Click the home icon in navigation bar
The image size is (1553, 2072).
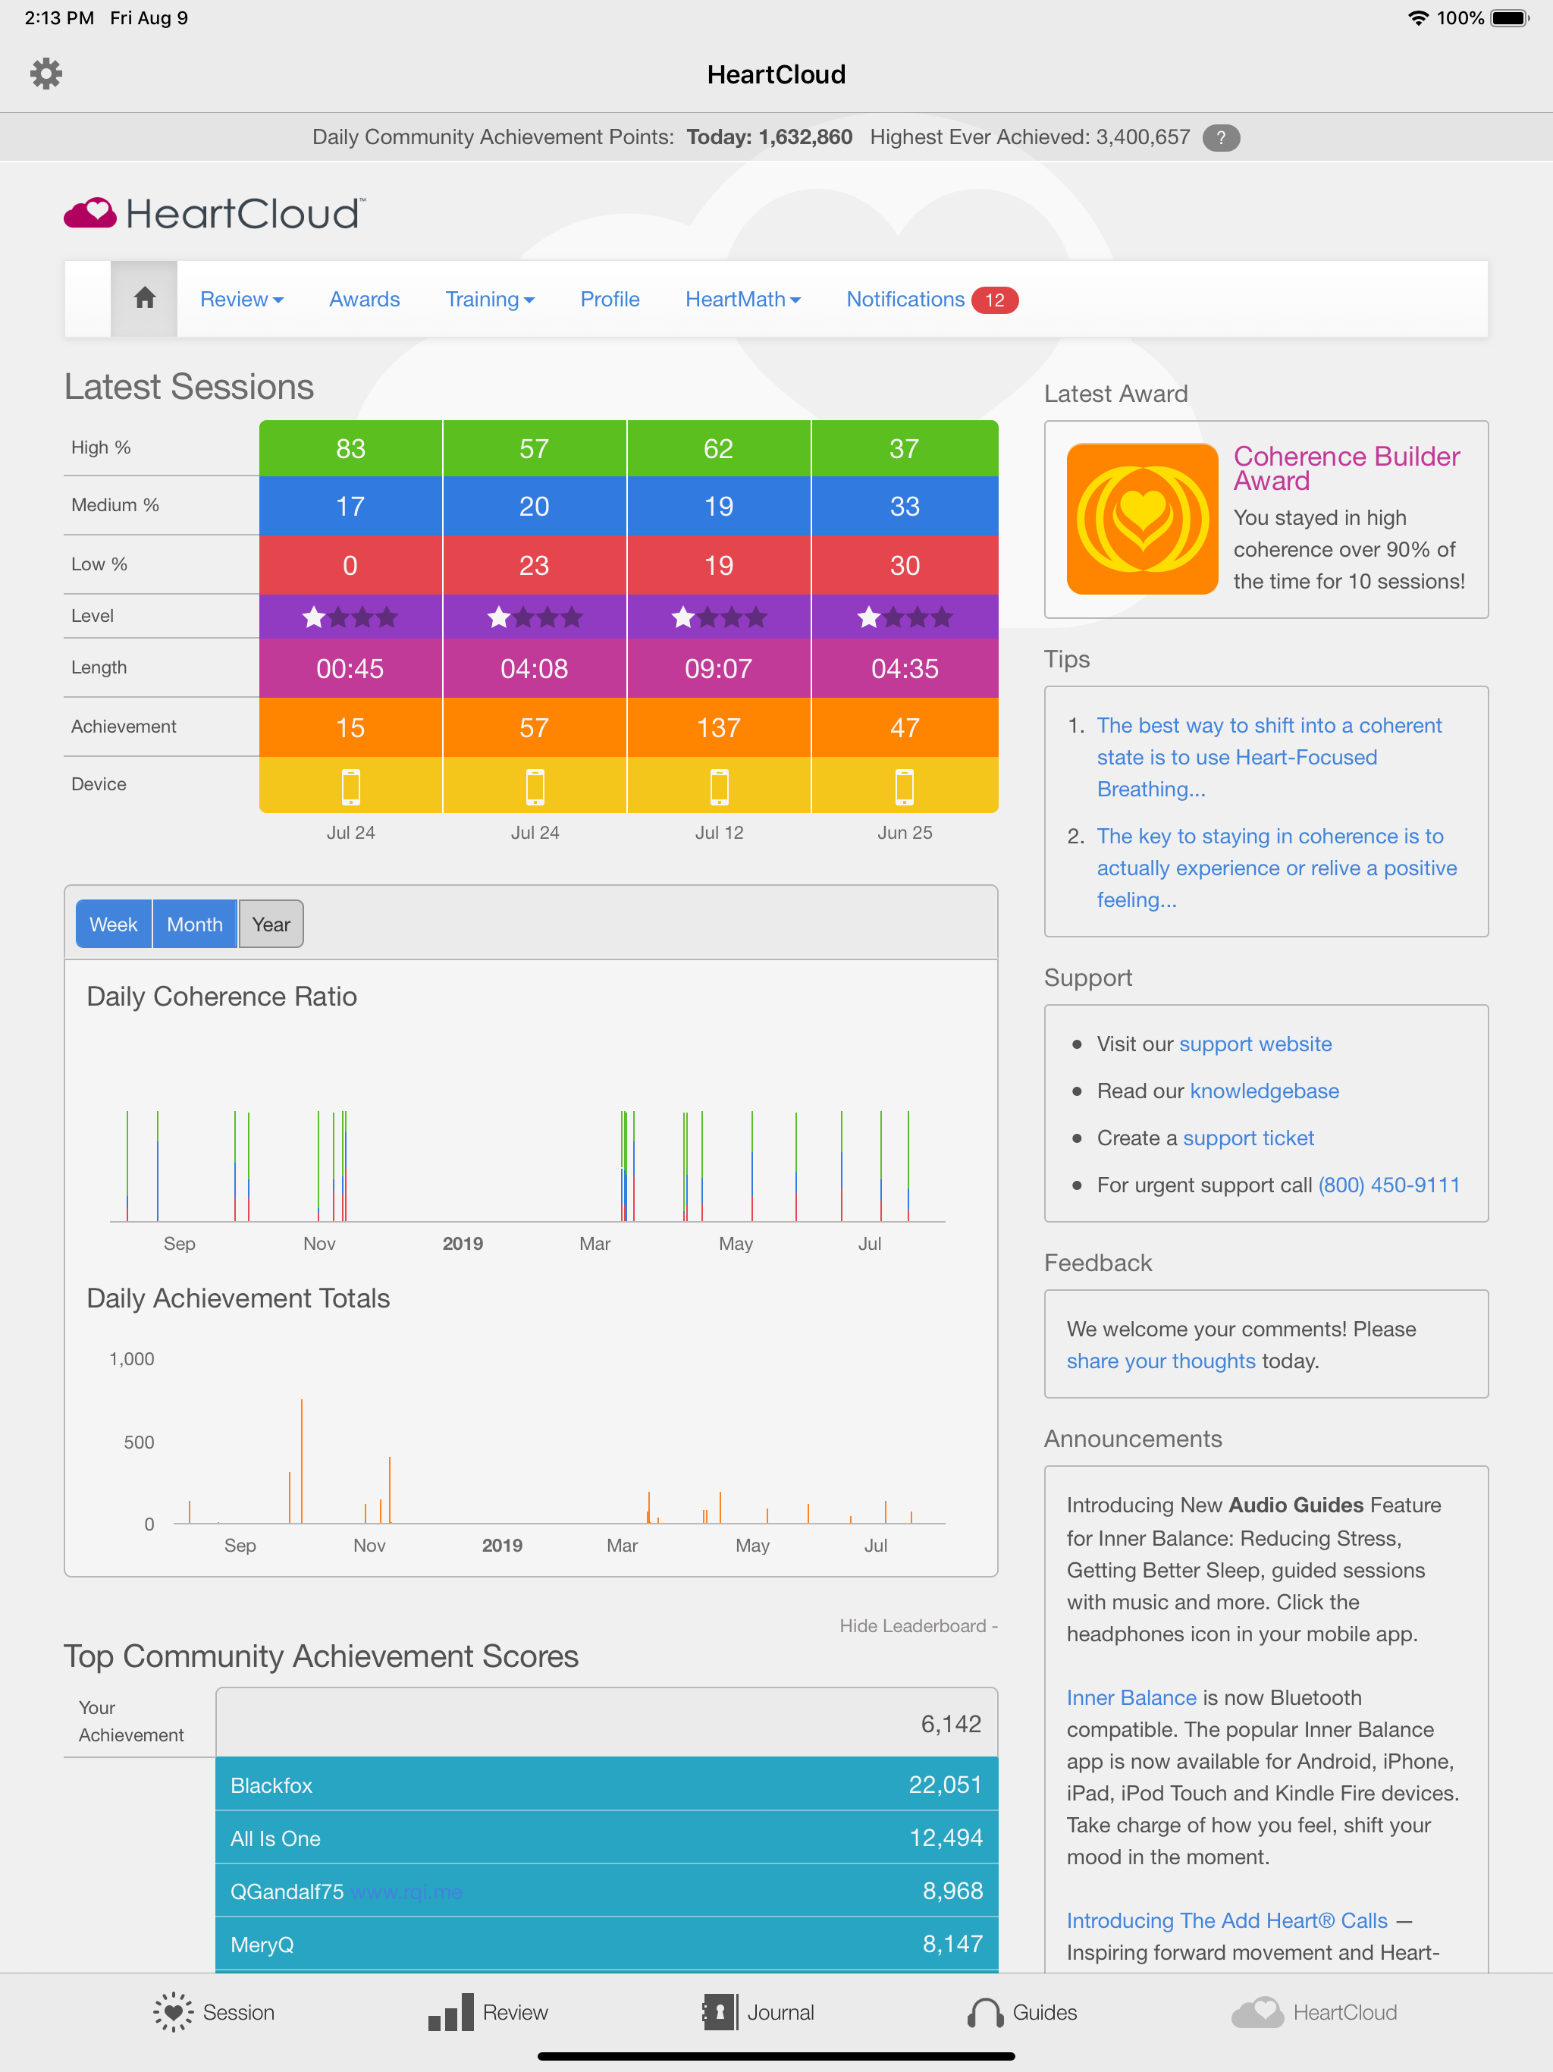(x=144, y=299)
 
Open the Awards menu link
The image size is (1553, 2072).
(x=365, y=299)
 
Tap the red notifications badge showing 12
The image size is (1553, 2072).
(x=994, y=300)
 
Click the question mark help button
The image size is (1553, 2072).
(x=1220, y=138)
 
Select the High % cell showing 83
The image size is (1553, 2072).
(x=350, y=449)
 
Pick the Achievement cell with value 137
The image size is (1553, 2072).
(x=718, y=728)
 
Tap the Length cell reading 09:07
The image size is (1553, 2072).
(x=718, y=669)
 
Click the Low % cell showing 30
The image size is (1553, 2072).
(x=904, y=565)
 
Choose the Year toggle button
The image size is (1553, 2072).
(x=271, y=925)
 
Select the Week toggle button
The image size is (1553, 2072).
(x=113, y=925)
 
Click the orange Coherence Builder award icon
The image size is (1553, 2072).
(x=1142, y=519)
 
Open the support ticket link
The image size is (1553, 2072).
(x=1247, y=1138)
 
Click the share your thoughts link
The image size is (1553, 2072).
(x=1160, y=1361)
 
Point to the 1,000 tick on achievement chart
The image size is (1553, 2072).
(x=132, y=1359)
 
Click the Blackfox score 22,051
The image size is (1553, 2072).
(x=944, y=1785)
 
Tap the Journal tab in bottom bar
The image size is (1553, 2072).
(x=759, y=2012)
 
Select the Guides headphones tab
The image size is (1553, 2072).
(x=1023, y=2012)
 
